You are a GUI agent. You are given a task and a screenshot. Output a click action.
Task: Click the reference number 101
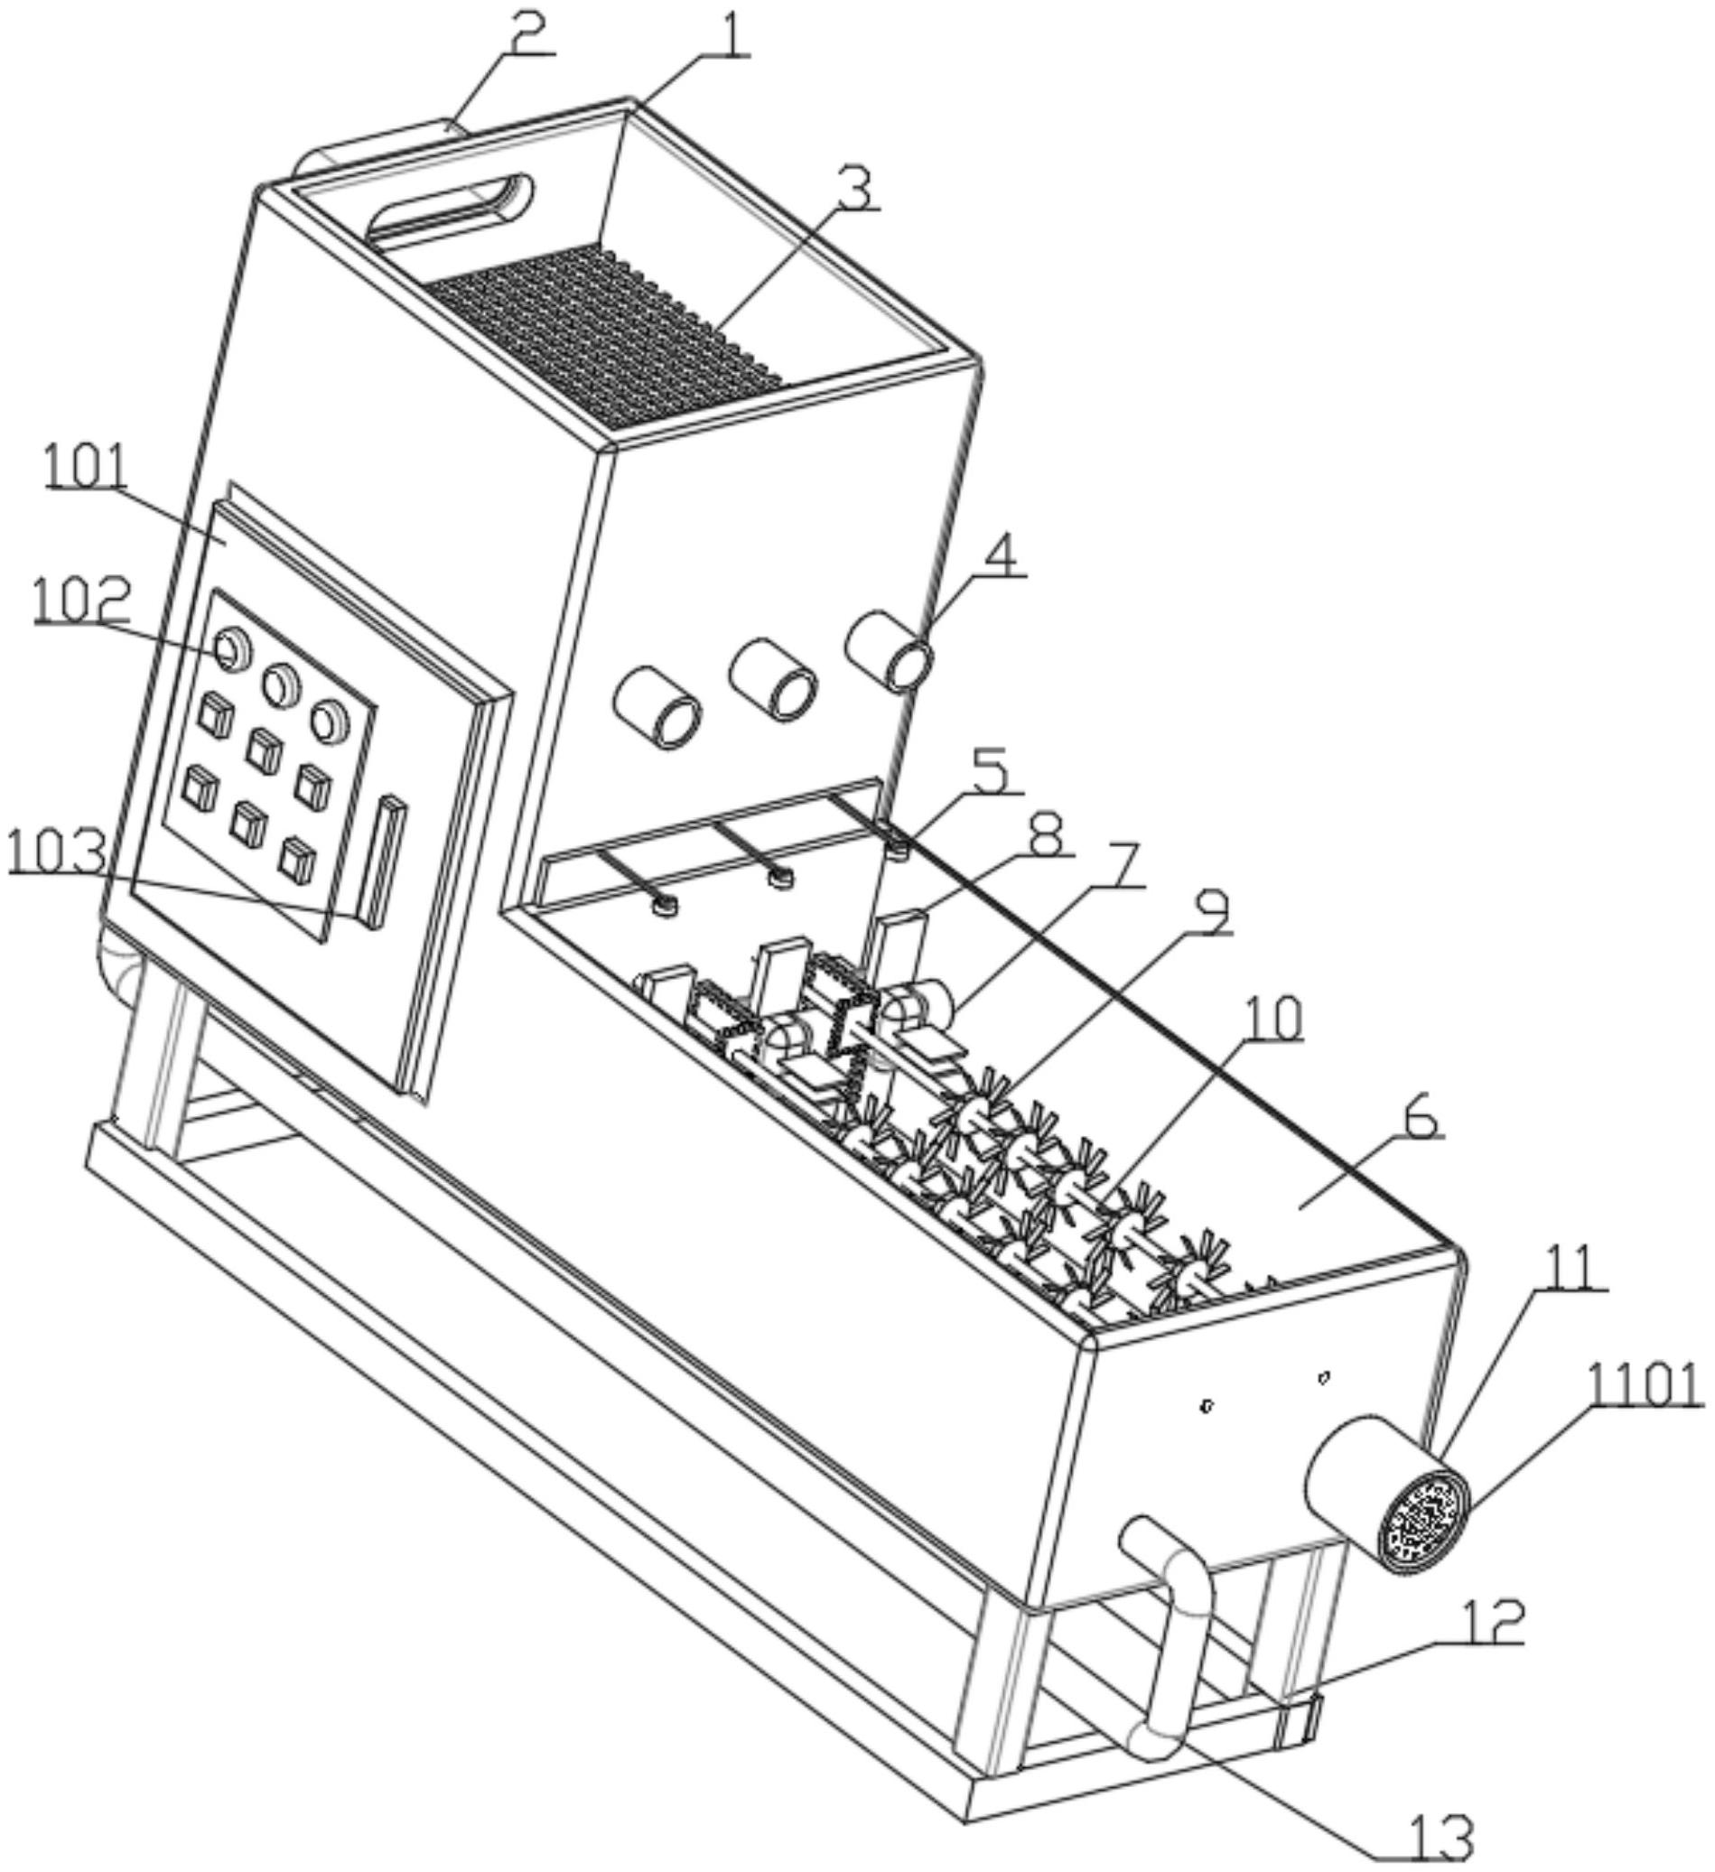click(x=87, y=467)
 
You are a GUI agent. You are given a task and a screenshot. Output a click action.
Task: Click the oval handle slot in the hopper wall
click(x=452, y=208)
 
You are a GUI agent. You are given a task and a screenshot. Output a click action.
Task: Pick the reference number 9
click(x=1210, y=916)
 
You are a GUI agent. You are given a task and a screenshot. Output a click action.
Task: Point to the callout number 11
click(x=1571, y=1269)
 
